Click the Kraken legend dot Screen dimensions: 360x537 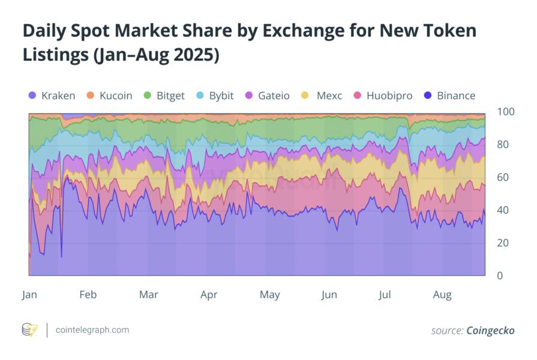(32, 95)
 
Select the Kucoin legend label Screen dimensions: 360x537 (116, 95)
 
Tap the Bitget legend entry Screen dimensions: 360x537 (169, 95)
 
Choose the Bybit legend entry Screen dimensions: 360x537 (221, 95)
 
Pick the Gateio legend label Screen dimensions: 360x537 (274, 95)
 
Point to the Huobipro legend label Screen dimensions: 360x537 (389, 95)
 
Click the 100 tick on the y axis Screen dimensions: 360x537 (505, 112)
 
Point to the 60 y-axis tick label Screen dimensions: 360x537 (503, 178)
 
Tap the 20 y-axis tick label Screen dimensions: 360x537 (503, 243)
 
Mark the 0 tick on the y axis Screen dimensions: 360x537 (500, 276)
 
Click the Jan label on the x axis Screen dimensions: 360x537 (29, 295)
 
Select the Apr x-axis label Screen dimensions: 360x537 (209, 295)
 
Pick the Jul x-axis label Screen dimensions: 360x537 (385, 295)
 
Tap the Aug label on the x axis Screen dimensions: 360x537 (442, 295)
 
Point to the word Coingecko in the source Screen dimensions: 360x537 (490, 331)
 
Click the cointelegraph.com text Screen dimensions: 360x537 (92, 330)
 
